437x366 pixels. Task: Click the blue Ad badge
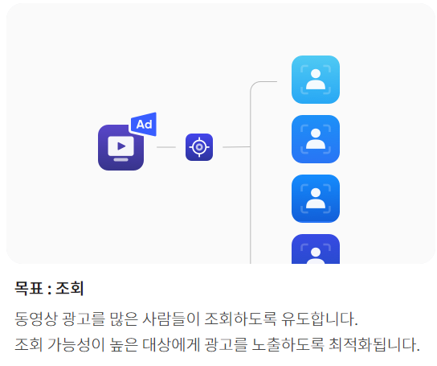click(x=144, y=124)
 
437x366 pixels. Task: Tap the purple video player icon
click(x=120, y=147)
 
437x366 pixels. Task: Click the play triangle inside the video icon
click(x=121, y=146)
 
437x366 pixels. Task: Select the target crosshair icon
click(x=199, y=147)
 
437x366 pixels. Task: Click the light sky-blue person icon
click(x=316, y=80)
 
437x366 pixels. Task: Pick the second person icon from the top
click(x=316, y=139)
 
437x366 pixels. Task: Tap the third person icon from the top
click(x=316, y=199)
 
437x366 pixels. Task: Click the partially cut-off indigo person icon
click(x=316, y=249)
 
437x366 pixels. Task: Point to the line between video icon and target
click(x=166, y=147)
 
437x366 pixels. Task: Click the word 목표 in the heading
click(x=29, y=288)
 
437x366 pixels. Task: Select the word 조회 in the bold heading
click(x=70, y=288)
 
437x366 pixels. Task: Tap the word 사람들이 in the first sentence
click(x=171, y=319)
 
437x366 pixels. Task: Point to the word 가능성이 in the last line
click(x=76, y=344)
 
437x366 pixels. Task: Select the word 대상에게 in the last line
click(x=171, y=344)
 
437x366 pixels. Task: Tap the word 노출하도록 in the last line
click(x=288, y=344)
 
